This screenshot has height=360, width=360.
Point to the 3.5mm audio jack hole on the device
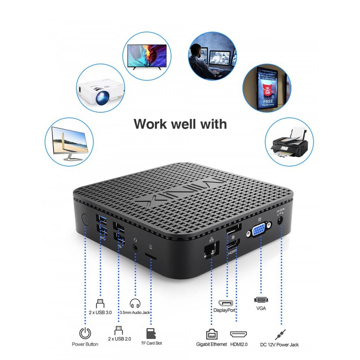(x=135, y=247)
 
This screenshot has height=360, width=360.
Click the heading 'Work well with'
(x=180, y=124)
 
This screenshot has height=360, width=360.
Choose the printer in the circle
(x=289, y=142)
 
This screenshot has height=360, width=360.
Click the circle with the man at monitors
(x=212, y=56)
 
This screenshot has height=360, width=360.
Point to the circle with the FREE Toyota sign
(x=267, y=88)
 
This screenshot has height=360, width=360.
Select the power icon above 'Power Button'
(x=85, y=333)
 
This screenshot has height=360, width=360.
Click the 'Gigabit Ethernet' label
(x=211, y=344)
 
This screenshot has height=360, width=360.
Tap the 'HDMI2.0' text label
(x=238, y=344)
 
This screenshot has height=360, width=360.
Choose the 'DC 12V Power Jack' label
(x=279, y=344)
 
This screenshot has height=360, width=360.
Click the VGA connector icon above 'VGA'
(x=261, y=301)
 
